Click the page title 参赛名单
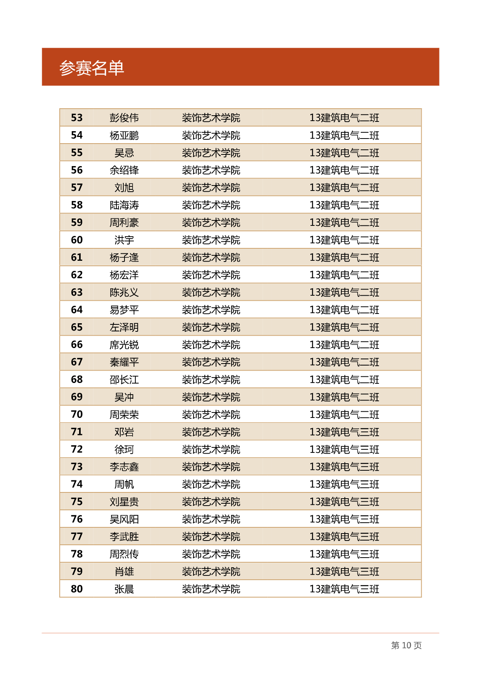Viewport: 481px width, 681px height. pyautogui.click(x=92, y=68)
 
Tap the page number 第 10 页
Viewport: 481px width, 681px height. pyautogui.click(x=406, y=645)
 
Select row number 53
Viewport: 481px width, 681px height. pyautogui.click(x=77, y=118)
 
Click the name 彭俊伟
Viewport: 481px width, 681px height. pyautogui.click(x=124, y=118)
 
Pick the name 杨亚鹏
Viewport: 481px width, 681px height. pyautogui.click(x=124, y=135)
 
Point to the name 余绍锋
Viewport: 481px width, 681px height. pyautogui.click(x=124, y=170)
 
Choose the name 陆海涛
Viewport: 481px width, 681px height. pyautogui.click(x=124, y=205)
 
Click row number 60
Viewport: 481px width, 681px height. pyautogui.click(x=77, y=240)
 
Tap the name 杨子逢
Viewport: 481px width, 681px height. pyautogui.click(x=124, y=257)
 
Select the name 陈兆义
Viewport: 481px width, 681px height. pyautogui.click(x=124, y=292)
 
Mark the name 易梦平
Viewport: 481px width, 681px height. pyautogui.click(x=124, y=310)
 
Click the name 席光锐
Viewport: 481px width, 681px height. pyautogui.click(x=124, y=345)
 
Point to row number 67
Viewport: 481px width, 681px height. pyautogui.click(x=77, y=362)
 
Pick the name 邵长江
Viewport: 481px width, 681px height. pyautogui.click(x=124, y=379)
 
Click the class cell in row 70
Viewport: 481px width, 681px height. pyautogui.click(x=344, y=414)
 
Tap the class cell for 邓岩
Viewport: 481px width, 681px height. pyautogui.click(x=344, y=432)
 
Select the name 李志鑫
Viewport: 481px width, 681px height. pyautogui.click(x=124, y=467)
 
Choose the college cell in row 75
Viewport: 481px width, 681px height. pyautogui.click(x=211, y=502)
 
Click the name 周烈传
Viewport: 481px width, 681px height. pyautogui.click(x=124, y=554)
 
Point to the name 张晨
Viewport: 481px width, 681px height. pyautogui.click(x=124, y=589)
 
